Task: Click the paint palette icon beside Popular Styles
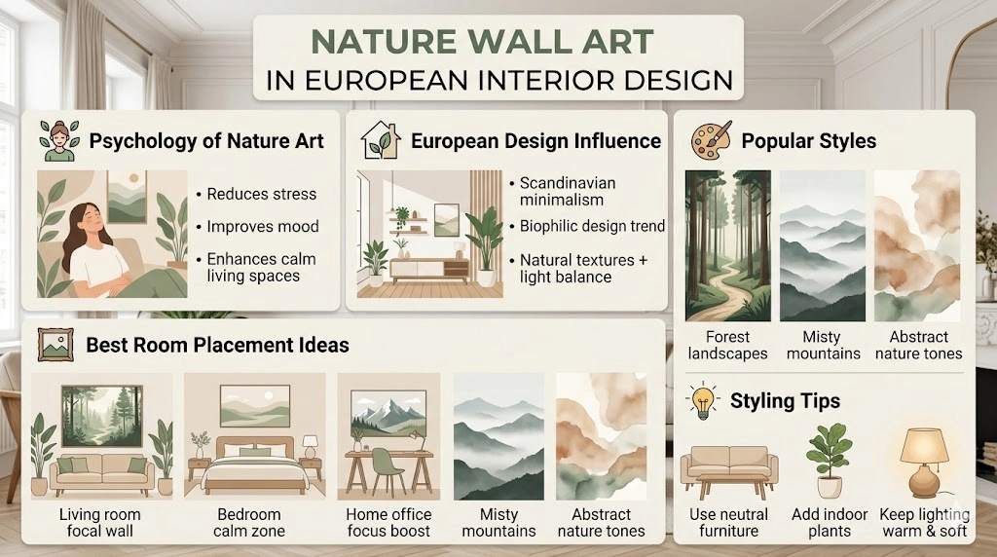pos(711,140)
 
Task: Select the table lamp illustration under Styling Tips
pos(923,461)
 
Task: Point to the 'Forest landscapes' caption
pos(727,345)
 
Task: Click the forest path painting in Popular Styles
pos(727,245)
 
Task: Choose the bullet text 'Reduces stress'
pos(261,194)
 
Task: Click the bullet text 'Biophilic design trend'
pos(592,226)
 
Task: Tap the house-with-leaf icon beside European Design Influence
pos(381,140)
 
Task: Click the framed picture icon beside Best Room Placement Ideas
pos(53,344)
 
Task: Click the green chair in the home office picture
pos(388,471)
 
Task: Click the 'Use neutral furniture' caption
pos(727,522)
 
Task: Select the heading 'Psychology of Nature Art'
pos(206,140)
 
